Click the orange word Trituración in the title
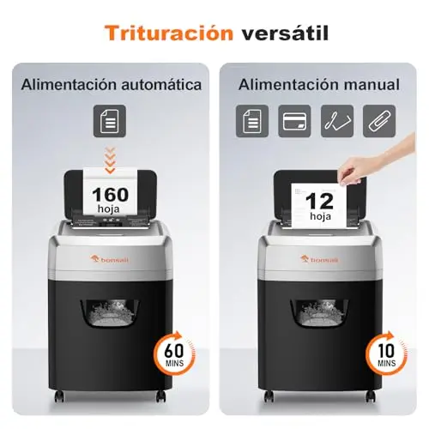[169, 33]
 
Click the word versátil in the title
[285, 33]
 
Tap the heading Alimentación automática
[112, 85]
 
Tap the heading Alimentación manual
[319, 85]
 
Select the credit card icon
[294, 121]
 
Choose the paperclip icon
[379, 121]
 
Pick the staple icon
[337, 121]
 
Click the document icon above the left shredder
[110, 121]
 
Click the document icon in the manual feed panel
[252, 121]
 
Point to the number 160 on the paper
[111, 195]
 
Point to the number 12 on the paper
[320, 202]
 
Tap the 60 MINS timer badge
[175, 353]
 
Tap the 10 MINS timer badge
[387, 353]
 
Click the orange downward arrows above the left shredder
[110, 160]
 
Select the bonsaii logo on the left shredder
[110, 259]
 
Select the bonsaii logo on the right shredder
[319, 259]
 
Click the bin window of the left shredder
[110, 313]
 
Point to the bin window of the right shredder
[320, 313]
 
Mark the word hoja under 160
[108, 209]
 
